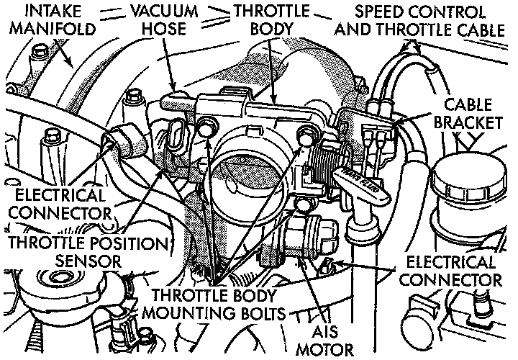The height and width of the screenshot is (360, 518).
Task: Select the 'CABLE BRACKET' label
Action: click(471, 113)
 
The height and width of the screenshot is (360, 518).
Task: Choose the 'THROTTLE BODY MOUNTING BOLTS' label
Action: click(217, 305)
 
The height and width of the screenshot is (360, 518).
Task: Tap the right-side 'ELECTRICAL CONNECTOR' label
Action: click(453, 270)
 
